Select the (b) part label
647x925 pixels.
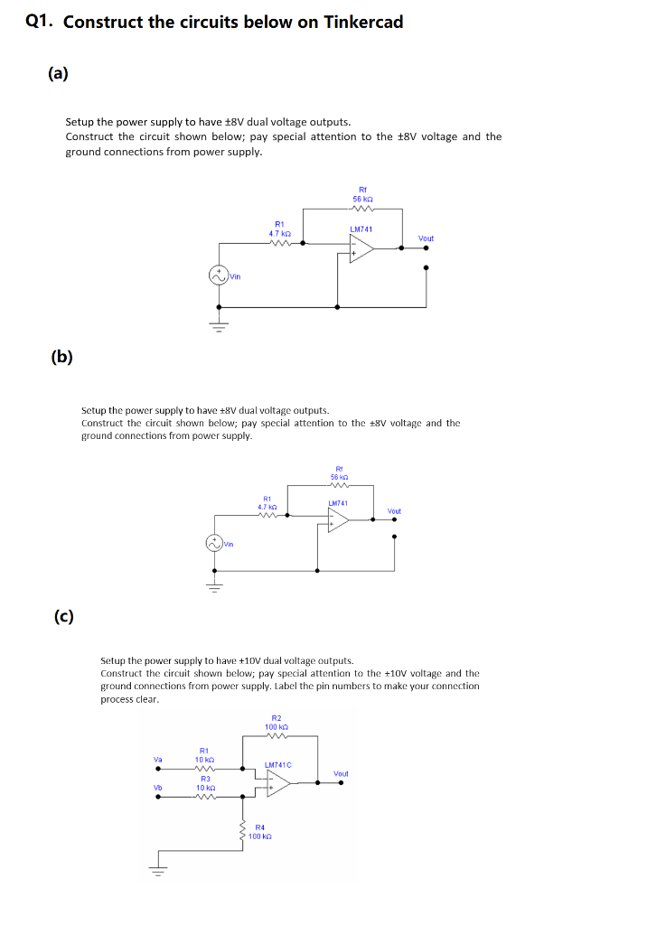[62, 356]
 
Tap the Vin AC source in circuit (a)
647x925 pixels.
[219, 275]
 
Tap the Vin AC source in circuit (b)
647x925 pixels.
[214, 543]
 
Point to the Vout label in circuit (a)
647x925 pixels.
[426, 238]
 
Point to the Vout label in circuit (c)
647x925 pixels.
[341, 774]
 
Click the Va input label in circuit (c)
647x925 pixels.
[157, 761]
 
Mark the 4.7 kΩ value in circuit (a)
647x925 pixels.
[279, 233]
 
